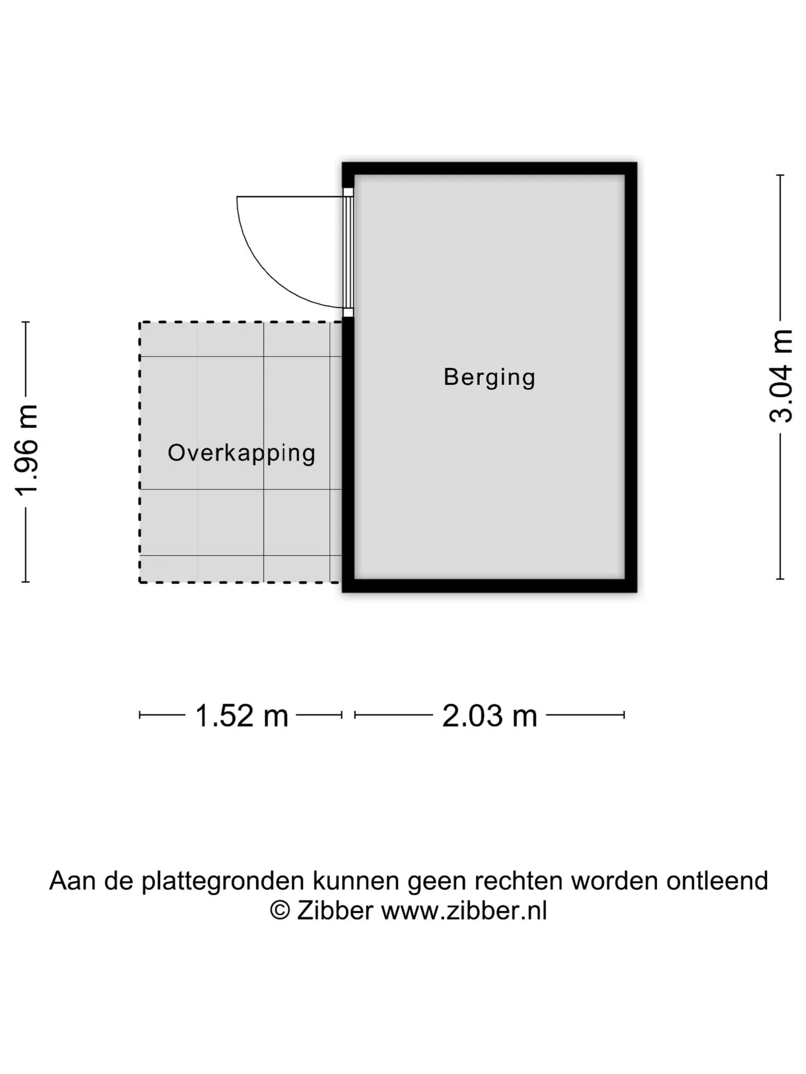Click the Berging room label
489,378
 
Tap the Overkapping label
242,453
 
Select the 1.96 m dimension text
26,450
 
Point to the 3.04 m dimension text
781,375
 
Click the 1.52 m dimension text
241,715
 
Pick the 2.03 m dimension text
490,715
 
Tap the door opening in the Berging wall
348,252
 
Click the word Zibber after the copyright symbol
335,910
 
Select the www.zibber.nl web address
464,910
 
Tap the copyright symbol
280,910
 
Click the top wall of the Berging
490,168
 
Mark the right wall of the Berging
631,377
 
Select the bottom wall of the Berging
490,586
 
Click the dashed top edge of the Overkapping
240,322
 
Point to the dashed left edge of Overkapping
140,453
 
